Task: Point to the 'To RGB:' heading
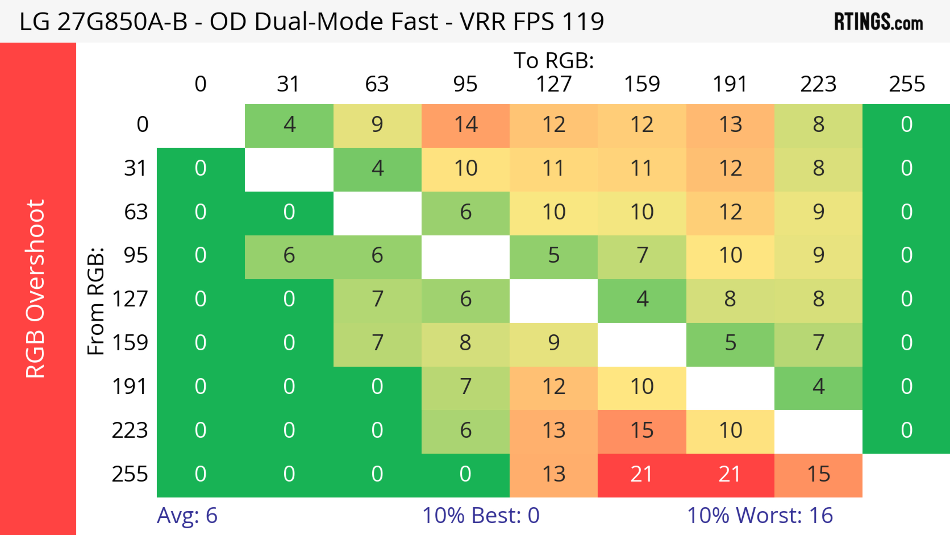554,60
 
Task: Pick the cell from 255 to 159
642,475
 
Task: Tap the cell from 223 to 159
642,431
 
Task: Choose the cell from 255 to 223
818,475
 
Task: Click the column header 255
906,84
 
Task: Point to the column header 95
465,84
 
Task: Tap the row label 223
130,431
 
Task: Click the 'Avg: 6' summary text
187,515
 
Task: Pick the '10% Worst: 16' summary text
760,515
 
